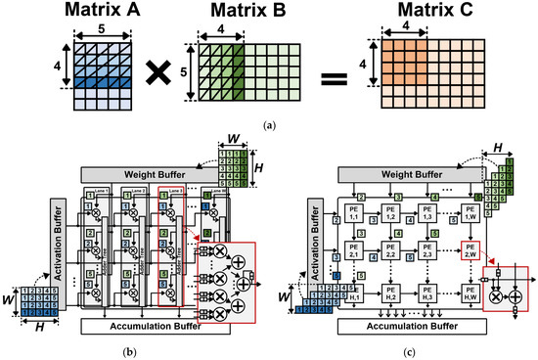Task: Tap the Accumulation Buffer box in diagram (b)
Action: (156, 325)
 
